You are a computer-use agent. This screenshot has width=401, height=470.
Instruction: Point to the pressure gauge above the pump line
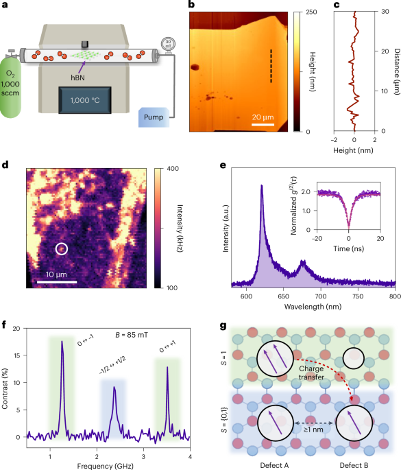click(x=165, y=45)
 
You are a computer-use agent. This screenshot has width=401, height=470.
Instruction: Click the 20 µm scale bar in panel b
click(x=263, y=125)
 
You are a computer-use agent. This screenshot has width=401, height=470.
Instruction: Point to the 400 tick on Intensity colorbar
click(x=162, y=167)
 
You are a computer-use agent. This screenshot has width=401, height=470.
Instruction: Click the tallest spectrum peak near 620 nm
click(x=261, y=186)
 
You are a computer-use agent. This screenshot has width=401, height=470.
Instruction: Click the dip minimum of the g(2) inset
click(x=349, y=243)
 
